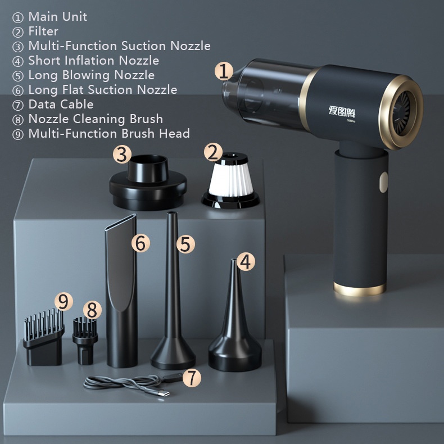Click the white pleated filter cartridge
click(230, 180)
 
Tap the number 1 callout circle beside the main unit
click(224, 71)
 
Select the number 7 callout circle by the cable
click(192, 378)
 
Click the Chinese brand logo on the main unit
click(342, 111)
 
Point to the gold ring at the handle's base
click(360, 289)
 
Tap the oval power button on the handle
click(383, 182)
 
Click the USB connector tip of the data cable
click(164, 393)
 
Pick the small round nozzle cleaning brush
click(85, 341)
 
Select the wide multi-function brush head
click(44, 338)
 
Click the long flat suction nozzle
click(121, 291)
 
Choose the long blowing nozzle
click(173, 292)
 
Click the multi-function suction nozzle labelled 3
click(148, 183)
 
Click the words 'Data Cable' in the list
click(61, 104)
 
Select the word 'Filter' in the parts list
click(43, 31)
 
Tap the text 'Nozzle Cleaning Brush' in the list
click(96, 119)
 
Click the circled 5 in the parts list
click(18, 76)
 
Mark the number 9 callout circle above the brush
click(64, 301)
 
